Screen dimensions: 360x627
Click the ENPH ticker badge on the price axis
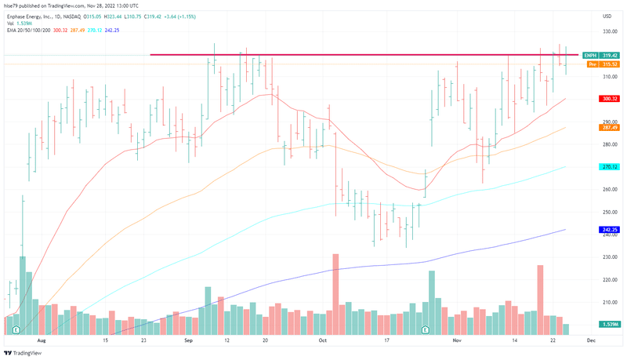(592, 55)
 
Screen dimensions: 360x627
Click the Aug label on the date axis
(42, 342)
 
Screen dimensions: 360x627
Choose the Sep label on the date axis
(189, 342)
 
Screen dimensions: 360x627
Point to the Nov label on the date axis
(457, 342)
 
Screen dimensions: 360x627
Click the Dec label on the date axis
(591, 342)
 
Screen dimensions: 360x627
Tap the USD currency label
(607, 16)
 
